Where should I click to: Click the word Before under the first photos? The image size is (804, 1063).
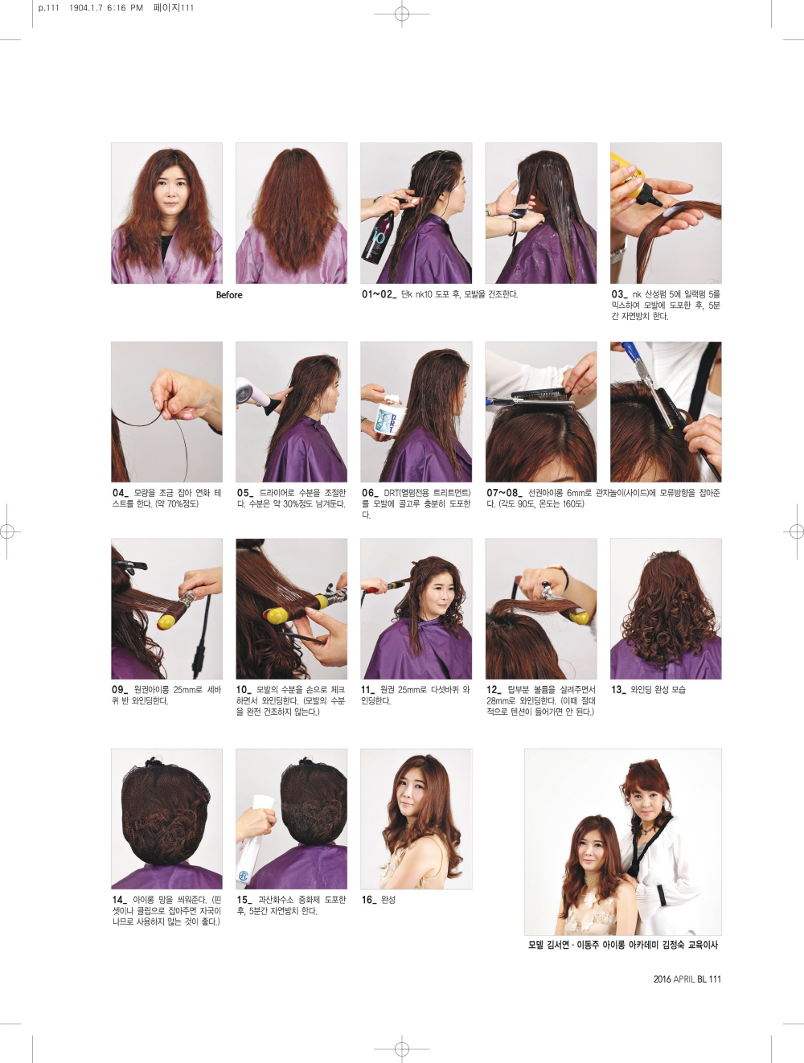point(229,295)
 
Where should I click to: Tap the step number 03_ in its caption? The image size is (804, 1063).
point(619,294)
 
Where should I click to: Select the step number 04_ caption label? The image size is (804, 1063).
point(121,493)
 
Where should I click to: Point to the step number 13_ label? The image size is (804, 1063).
point(619,690)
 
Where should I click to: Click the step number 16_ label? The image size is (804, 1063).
point(370,900)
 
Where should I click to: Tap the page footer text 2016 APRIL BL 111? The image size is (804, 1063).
point(687,979)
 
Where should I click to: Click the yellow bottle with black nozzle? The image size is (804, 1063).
point(635,179)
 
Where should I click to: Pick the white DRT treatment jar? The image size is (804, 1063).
point(392,419)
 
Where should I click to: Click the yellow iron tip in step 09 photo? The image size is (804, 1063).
point(166,621)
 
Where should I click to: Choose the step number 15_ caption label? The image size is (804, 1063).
point(245,900)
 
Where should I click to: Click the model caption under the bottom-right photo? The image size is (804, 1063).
point(623,945)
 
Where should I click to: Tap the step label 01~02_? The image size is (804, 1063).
point(379,294)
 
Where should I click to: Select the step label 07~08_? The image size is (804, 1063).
point(504,493)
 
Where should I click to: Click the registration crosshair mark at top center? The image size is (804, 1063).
point(402,14)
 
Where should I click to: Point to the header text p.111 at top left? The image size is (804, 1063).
point(48,8)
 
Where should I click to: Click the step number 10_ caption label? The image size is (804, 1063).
point(245,690)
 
